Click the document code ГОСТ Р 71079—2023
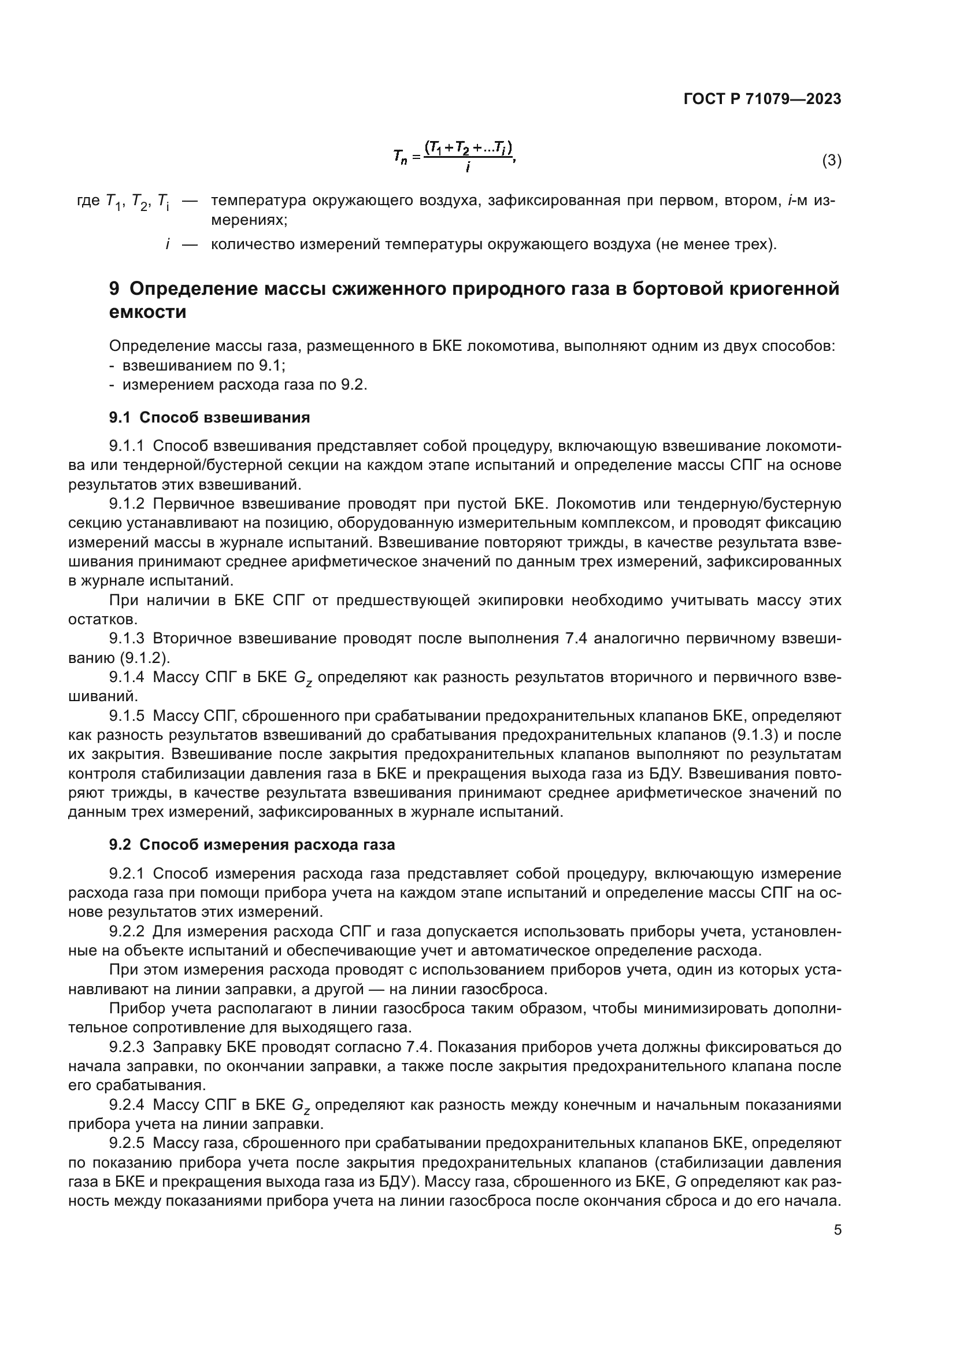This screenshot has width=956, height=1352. [x=762, y=99]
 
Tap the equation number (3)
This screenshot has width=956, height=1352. [x=831, y=160]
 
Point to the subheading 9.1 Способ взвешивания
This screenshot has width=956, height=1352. [x=210, y=417]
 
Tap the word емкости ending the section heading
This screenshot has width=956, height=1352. [x=148, y=312]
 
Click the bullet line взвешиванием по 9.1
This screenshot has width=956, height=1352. [x=203, y=366]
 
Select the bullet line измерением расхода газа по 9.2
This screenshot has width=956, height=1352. [x=244, y=385]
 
